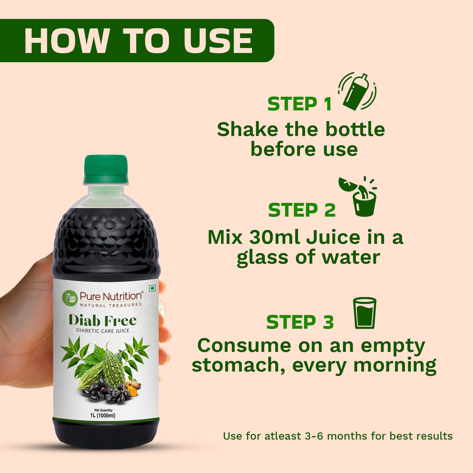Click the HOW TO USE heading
coord(138,41)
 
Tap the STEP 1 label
coord(300,104)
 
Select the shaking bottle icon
coord(357,92)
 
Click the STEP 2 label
coord(301,210)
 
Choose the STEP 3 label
coord(300,322)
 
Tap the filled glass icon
coord(364,313)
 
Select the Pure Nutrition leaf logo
coord(69,298)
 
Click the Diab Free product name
coord(102,320)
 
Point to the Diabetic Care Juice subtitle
coord(103,331)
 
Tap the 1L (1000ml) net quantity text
coord(103,415)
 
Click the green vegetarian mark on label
coord(152,288)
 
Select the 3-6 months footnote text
coord(337,436)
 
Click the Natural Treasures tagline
coord(111,305)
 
